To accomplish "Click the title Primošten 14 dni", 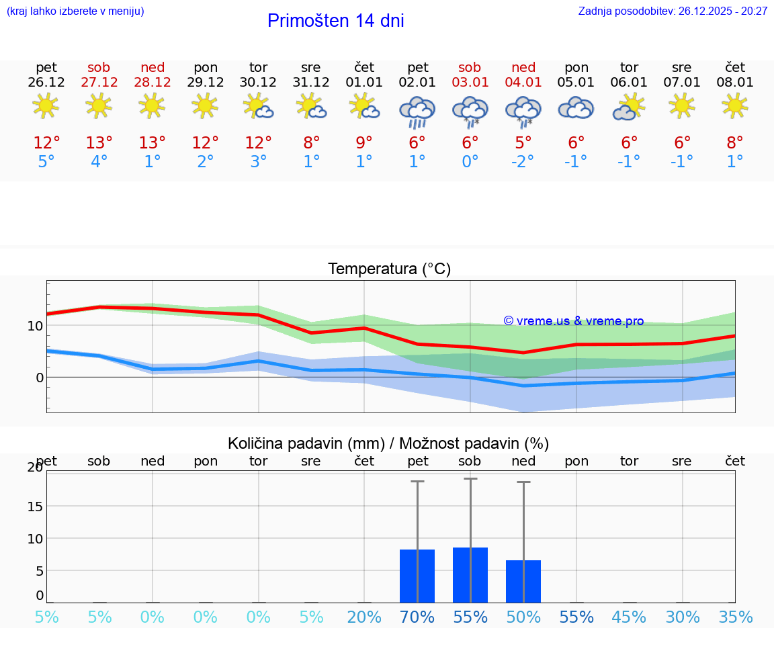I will (x=335, y=21).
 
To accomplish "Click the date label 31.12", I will (x=311, y=83).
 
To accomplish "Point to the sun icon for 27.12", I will (x=99, y=106).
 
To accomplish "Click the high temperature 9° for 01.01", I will (x=364, y=143).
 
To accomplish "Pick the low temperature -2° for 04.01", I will (x=523, y=162).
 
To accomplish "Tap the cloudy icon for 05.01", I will (x=576, y=108).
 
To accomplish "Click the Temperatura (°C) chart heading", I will (x=389, y=269).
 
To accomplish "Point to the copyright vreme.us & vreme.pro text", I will (x=573, y=321).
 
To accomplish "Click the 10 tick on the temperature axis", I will (x=35, y=326).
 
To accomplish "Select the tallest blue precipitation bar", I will (x=470, y=575).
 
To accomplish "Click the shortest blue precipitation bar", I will (x=523, y=581).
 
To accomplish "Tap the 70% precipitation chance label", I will (x=417, y=617).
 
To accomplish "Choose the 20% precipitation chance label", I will (x=364, y=617).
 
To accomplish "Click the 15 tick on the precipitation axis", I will (x=35, y=506).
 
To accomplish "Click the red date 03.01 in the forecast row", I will (x=470, y=83).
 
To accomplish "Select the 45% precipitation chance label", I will (x=629, y=617).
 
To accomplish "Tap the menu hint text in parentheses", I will (x=75, y=11).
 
